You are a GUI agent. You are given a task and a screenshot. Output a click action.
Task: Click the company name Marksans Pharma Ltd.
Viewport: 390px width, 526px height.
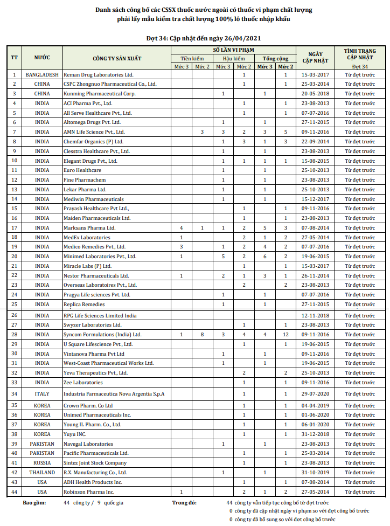(x=89, y=228)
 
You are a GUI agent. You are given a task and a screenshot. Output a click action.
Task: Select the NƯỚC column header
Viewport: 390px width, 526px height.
(x=42, y=57)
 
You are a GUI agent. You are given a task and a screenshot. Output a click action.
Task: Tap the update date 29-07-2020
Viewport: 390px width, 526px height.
(x=315, y=394)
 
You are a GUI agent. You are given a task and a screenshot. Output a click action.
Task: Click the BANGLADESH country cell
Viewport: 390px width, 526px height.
(x=42, y=75)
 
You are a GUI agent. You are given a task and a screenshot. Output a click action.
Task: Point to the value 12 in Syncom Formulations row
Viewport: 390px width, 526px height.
(x=285, y=335)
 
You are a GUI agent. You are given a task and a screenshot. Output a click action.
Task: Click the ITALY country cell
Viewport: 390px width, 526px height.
(x=42, y=394)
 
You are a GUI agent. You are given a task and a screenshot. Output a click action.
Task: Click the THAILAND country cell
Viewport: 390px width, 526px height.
(x=42, y=472)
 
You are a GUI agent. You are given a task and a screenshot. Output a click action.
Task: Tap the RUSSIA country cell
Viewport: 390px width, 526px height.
(x=42, y=462)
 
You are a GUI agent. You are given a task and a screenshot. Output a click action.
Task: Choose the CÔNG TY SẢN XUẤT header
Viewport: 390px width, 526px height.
(x=117, y=57)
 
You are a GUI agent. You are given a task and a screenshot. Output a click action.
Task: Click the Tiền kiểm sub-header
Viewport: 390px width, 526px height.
(x=192, y=58)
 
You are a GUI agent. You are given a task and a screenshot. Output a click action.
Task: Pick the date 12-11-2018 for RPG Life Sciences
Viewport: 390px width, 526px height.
(x=315, y=315)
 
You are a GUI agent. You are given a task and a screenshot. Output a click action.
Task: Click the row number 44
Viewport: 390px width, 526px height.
(x=15, y=492)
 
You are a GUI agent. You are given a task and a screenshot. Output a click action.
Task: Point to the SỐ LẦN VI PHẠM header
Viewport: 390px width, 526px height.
(x=233, y=50)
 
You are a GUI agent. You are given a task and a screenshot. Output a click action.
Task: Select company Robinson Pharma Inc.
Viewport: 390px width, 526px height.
(x=89, y=492)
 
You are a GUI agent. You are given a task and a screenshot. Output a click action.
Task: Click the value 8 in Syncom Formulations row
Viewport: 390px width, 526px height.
(x=202, y=335)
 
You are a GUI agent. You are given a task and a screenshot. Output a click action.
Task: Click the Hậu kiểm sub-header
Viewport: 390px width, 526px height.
(x=233, y=58)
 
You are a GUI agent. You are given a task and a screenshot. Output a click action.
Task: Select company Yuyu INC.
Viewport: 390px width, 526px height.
(x=75, y=434)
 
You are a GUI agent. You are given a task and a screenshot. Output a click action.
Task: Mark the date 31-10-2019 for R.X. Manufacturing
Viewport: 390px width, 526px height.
(x=315, y=472)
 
